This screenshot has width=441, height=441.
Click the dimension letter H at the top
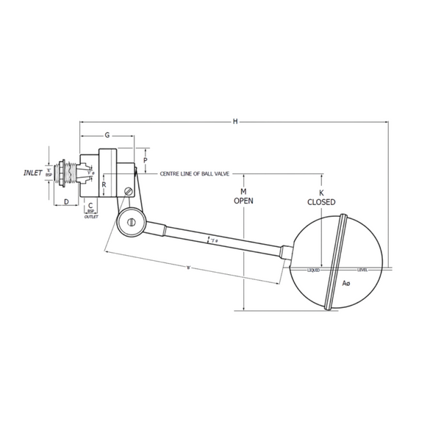pos(235,121)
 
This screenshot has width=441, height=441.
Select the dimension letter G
pos(107,135)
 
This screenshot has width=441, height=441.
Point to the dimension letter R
pos(104,185)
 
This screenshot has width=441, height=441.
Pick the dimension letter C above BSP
pos(90,206)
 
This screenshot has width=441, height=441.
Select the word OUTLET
pos(91,218)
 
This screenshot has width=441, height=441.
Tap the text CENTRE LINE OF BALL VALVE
pos(196,174)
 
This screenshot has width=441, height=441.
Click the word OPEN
pos(243,200)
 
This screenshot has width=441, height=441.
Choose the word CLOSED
pos(322,201)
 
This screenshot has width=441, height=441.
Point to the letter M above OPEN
pos(243,190)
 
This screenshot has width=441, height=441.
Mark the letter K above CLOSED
pos(322,191)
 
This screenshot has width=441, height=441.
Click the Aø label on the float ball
pos(345,283)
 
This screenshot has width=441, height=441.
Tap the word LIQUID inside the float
pos(314,270)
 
